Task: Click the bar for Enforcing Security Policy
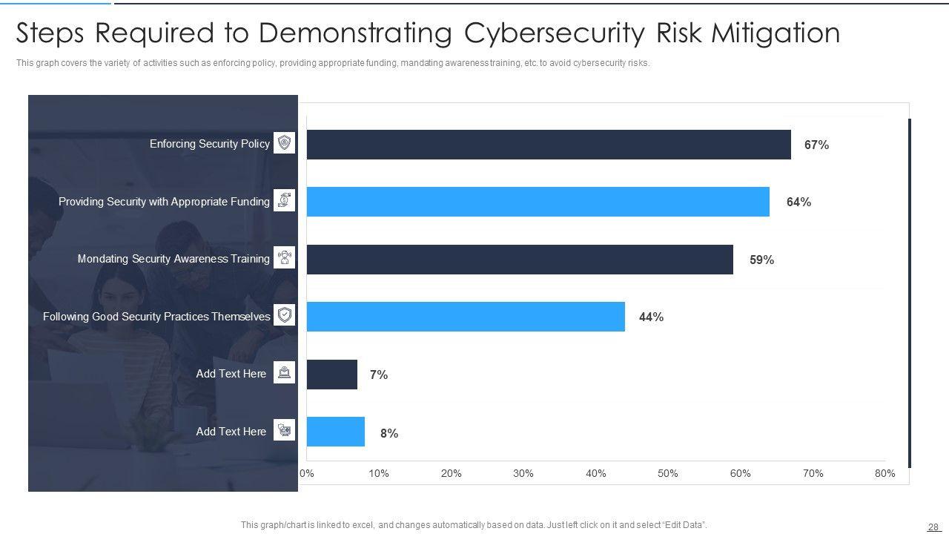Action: [549, 145]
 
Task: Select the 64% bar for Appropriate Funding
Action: [538, 202]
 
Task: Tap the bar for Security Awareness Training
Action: [520, 260]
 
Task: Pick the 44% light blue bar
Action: [466, 317]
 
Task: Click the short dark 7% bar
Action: [332, 375]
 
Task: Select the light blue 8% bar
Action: [336, 432]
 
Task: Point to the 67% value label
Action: [816, 145]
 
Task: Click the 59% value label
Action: [761, 260]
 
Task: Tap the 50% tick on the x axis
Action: [667, 473]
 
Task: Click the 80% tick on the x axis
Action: [884, 473]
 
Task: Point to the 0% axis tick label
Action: [306, 473]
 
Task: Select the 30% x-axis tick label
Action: [523, 473]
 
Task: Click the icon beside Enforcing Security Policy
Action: [284, 142]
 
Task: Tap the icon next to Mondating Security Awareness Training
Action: [284, 257]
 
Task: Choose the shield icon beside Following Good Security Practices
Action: [284, 315]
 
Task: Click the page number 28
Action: [933, 527]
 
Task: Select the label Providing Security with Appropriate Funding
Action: [164, 201]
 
